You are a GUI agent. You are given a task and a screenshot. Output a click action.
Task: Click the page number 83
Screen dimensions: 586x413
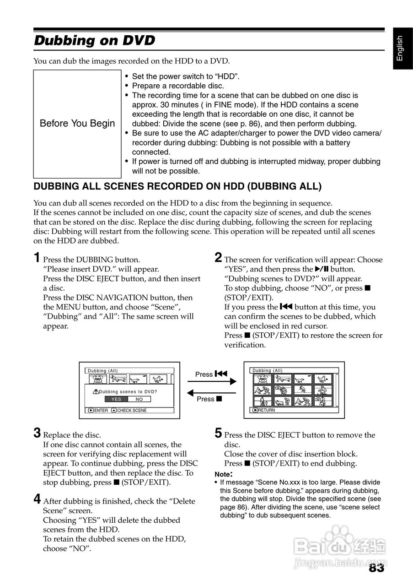pos(376,568)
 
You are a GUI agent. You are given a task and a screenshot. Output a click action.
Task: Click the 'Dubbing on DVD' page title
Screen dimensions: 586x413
pos(95,41)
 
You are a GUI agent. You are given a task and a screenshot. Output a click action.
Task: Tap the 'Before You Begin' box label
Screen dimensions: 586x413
pos(77,124)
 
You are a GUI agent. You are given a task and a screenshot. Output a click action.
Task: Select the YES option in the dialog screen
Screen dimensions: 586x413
pos(116,399)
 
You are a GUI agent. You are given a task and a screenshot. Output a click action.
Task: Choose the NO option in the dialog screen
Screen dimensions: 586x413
pos(139,399)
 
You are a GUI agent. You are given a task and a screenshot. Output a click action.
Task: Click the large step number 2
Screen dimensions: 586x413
pos(218,257)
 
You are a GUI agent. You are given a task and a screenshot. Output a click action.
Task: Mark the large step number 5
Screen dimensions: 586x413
pos(218,433)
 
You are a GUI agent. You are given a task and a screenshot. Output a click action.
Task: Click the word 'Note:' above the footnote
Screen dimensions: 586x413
pos(224,474)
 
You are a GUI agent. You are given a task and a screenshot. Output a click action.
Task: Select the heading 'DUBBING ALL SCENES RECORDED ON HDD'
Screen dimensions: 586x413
pos(177,186)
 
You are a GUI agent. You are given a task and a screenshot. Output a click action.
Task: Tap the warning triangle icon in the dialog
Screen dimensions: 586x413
pos(96,392)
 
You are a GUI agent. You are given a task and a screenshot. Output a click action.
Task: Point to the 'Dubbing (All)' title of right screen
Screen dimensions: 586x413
pos(268,370)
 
